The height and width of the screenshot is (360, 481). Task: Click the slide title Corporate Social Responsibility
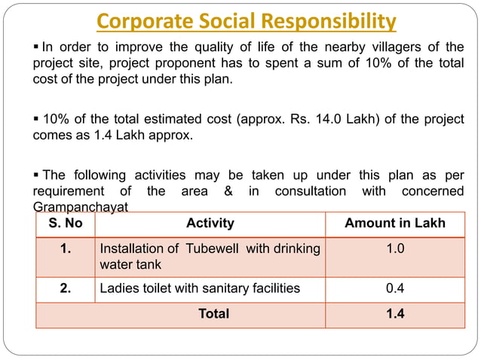point(247,20)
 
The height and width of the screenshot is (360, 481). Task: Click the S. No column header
point(65,223)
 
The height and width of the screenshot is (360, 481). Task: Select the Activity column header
point(210,223)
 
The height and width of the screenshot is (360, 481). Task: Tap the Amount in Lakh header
point(394,223)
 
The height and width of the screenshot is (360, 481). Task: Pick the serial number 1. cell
point(65,249)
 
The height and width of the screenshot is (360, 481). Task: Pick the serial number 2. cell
point(65,288)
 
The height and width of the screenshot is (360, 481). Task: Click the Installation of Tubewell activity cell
point(210,257)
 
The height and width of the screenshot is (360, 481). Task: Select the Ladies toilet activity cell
point(200,288)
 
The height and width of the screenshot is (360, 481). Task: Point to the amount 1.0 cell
point(394,249)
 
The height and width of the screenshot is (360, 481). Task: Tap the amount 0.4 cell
point(394,288)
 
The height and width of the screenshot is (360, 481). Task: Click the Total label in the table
point(213,313)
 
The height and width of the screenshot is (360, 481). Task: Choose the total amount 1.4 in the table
point(394,313)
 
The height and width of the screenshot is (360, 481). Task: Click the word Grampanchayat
point(81,206)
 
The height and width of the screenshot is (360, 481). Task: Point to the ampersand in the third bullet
point(228,191)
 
